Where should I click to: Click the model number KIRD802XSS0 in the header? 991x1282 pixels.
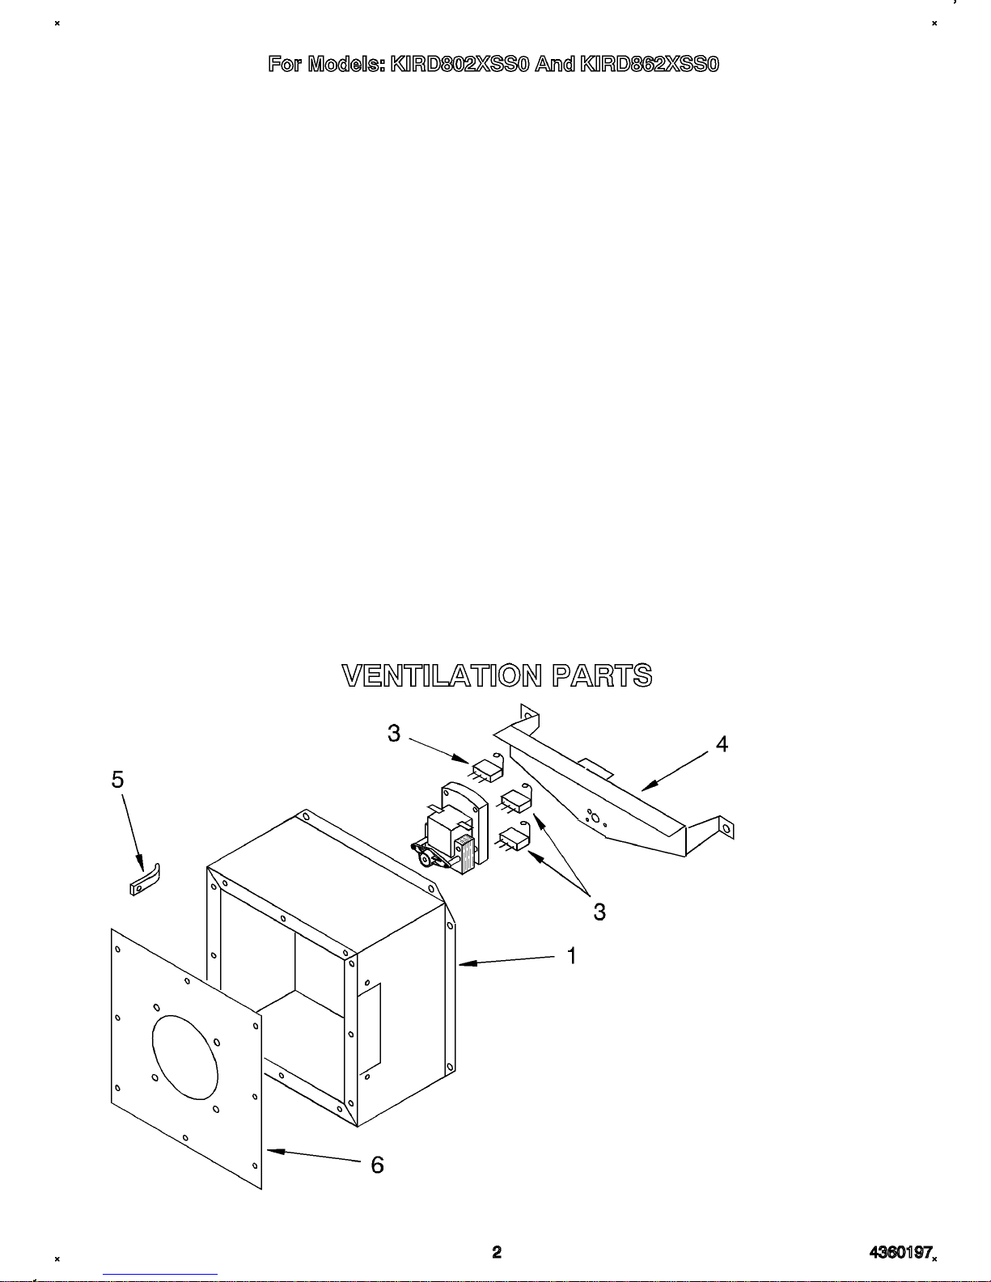[x=460, y=64]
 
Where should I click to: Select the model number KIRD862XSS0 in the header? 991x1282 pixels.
[x=649, y=64]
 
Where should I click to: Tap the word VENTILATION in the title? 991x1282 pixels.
[x=442, y=675]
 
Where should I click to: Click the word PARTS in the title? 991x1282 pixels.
[x=602, y=675]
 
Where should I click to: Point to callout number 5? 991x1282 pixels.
[x=118, y=780]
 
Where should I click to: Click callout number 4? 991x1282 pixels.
[x=722, y=743]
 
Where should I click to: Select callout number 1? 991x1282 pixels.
[x=572, y=956]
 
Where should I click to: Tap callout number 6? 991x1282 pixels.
[x=377, y=1165]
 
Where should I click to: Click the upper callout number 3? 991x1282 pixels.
[x=394, y=734]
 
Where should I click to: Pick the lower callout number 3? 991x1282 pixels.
[x=599, y=912]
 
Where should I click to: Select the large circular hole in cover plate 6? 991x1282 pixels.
[x=184, y=1057]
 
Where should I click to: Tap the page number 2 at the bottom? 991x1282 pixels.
[x=497, y=1252]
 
